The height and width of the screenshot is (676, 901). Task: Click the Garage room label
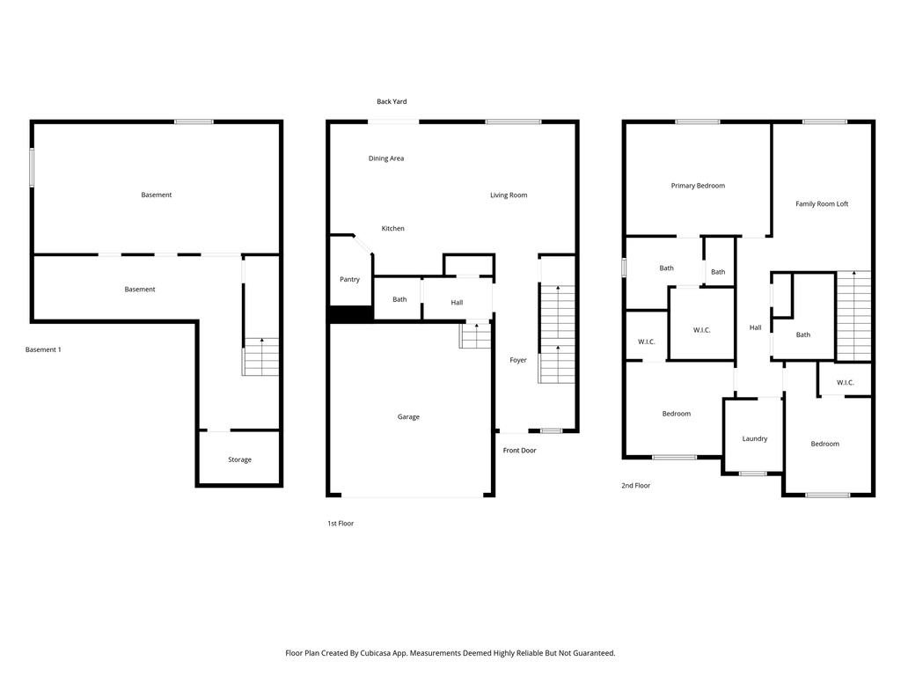tap(408, 416)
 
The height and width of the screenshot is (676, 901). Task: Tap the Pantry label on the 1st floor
tap(349, 280)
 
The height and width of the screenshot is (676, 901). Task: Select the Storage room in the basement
tap(239, 459)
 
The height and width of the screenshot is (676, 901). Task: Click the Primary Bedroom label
tap(698, 186)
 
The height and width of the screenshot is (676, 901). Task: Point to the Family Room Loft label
tap(822, 204)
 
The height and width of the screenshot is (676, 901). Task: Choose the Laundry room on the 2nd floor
tap(754, 438)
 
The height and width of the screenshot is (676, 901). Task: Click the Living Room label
tap(509, 195)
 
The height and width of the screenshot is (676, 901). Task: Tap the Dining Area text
tap(385, 158)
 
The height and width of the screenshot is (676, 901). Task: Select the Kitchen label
tap(392, 229)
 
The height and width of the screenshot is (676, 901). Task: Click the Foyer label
tap(518, 360)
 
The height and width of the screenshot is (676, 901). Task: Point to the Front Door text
tap(519, 451)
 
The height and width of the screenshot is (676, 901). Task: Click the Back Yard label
tap(392, 102)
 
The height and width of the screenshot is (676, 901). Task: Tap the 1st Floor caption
tap(341, 524)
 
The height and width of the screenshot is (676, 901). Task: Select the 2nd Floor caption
tap(635, 485)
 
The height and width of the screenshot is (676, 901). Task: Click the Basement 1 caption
tap(43, 350)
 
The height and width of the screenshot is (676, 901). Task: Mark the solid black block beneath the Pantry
tap(350, 313)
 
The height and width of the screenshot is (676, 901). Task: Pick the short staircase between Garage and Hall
tap(474, 334)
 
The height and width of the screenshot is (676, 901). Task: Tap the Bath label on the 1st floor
tap(399, 299)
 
